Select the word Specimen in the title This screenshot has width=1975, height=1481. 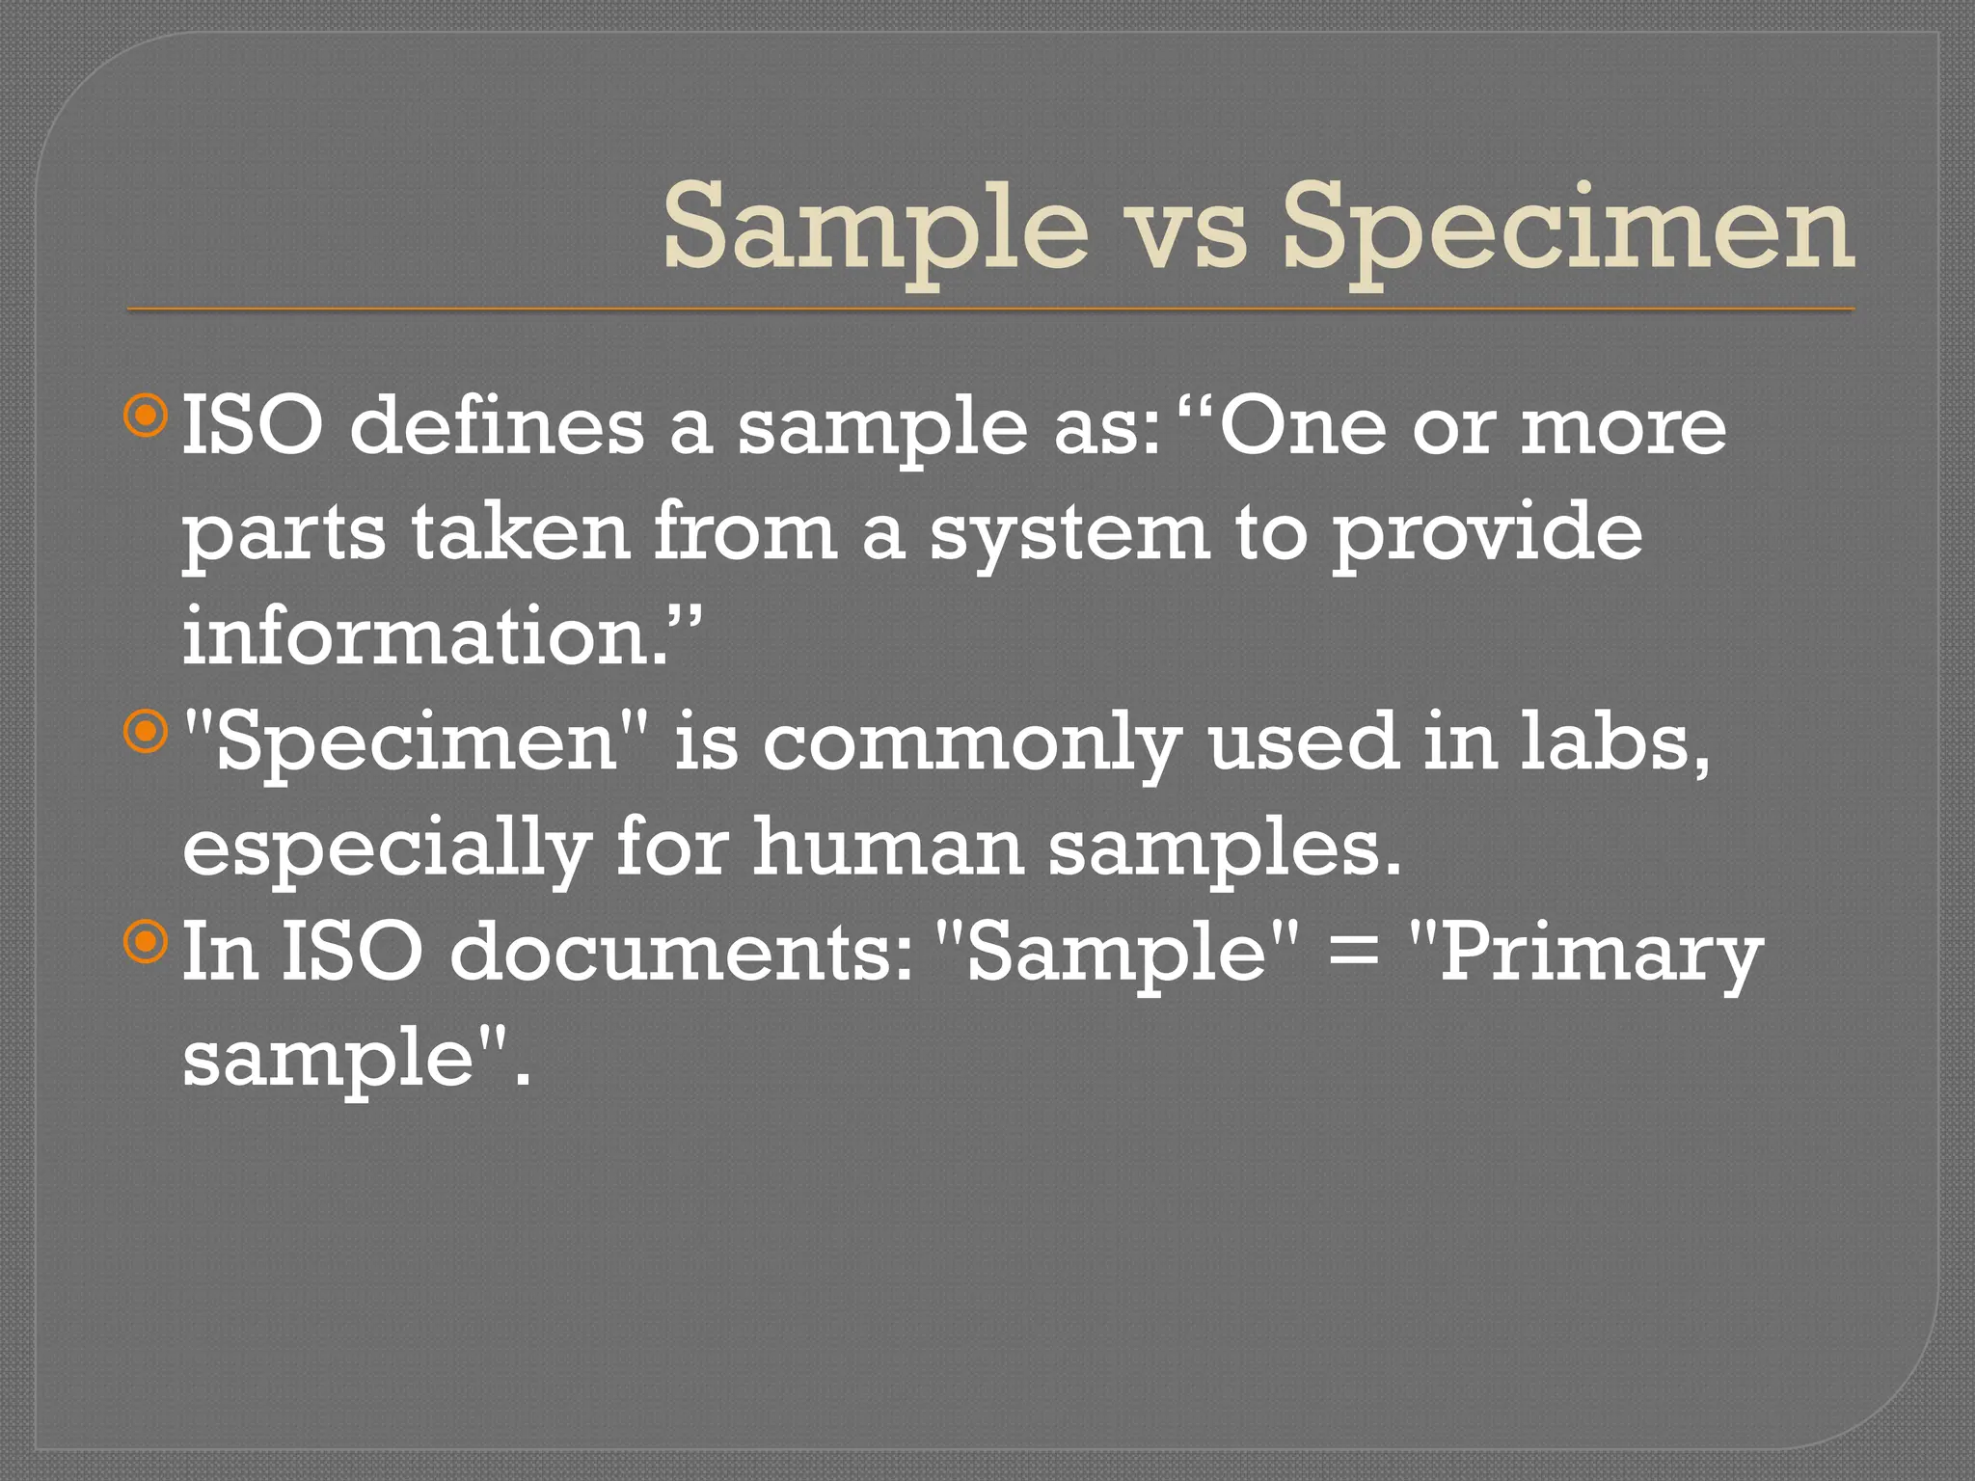[x=1567, y=231]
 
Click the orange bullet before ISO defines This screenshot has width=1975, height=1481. [x=147, y=417]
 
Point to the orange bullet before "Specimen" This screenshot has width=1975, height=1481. [x=147, y=732]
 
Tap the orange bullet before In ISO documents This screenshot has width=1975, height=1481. [x=147, y=942]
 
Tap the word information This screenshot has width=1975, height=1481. [x=424, y=638]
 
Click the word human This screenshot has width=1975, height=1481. [x=887, y=848]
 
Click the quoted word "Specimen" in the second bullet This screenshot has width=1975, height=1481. [x=416, y=745]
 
